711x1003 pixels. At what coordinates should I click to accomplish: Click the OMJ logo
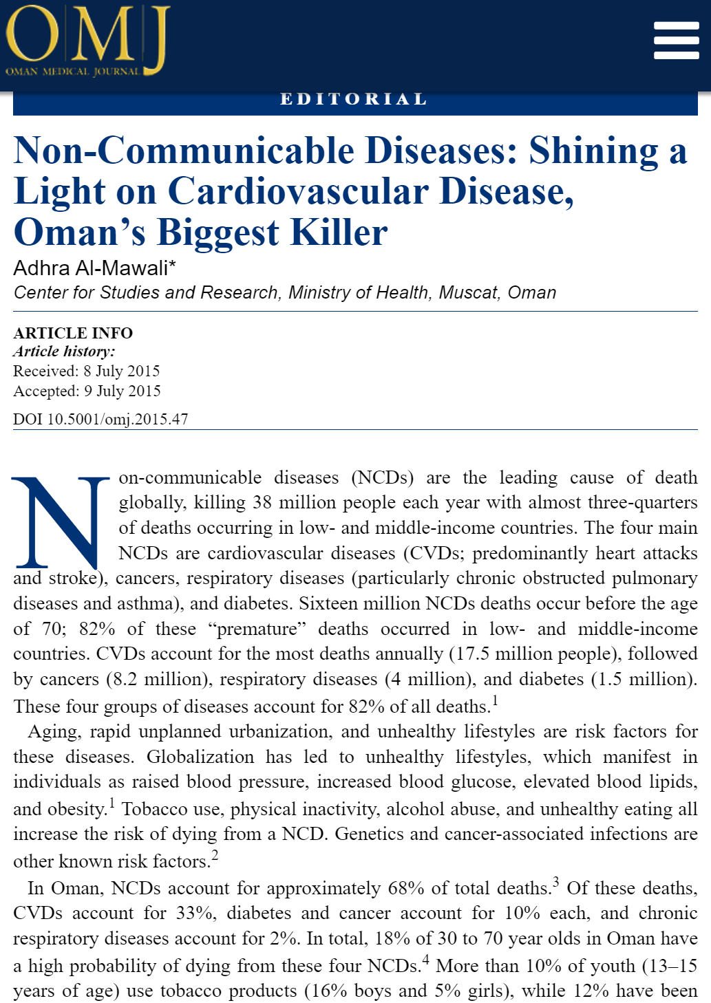87,41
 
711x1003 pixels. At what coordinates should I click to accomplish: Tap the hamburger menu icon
676,40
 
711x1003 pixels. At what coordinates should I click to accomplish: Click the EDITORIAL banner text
354,100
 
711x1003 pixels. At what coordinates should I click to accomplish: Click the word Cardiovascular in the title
298,191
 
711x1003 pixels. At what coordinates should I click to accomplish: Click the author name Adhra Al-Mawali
95,268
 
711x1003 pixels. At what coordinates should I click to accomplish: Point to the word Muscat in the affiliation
468,292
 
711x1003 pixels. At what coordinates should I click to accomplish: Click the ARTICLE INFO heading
73,333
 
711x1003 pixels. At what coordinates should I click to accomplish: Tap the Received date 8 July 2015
122,371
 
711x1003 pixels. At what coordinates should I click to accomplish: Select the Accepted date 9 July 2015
123,391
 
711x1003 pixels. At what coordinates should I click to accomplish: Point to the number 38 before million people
262,503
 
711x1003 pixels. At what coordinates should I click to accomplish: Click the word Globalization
200,757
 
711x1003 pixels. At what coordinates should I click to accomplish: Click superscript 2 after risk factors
215,856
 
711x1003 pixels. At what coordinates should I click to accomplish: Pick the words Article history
64,352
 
